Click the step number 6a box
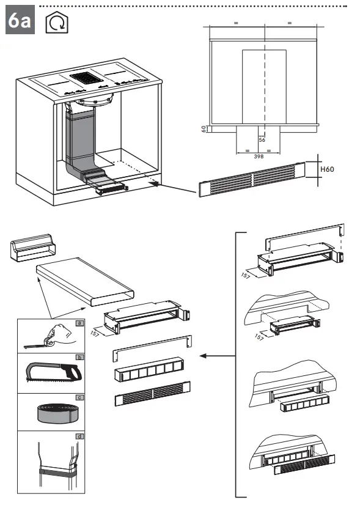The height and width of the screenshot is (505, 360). [x=20, y=20]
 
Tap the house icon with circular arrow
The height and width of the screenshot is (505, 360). [x=57, y=22]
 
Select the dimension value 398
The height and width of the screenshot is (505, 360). [x=259, y=157]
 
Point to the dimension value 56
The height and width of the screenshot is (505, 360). [x=262, y=140]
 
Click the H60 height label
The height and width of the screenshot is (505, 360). [x=327, y=169]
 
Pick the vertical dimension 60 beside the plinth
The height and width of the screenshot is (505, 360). [x=204, y=129]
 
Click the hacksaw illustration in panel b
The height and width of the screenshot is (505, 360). [x=54, y=374]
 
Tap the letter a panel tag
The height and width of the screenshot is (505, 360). [x=79, y=323]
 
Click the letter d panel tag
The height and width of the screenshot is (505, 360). [x=79, y=437]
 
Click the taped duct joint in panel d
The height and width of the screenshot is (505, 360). [x=57, y=471]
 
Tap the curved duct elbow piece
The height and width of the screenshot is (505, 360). [x=32, y=248]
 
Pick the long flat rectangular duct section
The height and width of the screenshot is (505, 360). [x=85, y=281]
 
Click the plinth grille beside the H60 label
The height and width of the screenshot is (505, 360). [x=252, y=179]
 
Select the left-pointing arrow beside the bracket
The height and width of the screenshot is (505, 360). [x=218, y=356]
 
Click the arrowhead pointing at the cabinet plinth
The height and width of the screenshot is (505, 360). [x=155, y=184]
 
